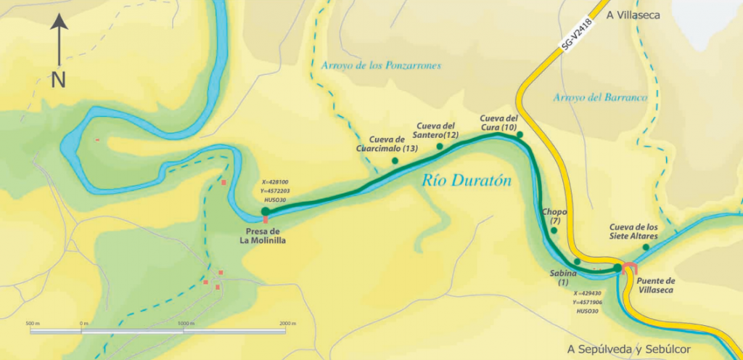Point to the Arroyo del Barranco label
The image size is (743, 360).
tap(599, 97)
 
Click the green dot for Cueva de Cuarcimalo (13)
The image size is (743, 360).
tap(395, 160)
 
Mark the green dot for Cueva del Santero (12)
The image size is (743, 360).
tap(440, 147)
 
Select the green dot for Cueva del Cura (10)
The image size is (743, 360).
tap(520, 135)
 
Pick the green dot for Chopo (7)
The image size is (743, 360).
tap(554, 231)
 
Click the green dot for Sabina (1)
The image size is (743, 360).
tap(577, 261)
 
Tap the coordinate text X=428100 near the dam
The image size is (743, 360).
tap(275, 183)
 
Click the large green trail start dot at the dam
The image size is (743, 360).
tap(266, 211)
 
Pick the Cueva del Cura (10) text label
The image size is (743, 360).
tap(498, 123)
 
